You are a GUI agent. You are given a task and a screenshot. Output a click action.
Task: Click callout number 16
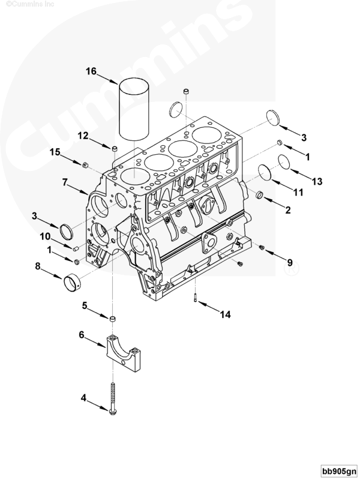click(91, 71)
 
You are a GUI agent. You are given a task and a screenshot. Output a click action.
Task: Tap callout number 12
click(83, 135)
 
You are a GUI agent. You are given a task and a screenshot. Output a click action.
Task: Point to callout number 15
click(55, 152)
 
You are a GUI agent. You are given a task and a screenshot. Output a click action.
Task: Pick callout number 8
click(38, 264)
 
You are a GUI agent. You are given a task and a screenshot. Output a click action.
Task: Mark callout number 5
click(86, 305)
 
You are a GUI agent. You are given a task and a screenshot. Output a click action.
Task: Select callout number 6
click(82, 335)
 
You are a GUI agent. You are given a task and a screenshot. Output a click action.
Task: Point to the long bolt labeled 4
click(113, 396)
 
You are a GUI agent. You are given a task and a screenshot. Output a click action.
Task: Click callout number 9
click(290, 262)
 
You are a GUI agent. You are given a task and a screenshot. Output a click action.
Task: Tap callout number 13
click(317, 181)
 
